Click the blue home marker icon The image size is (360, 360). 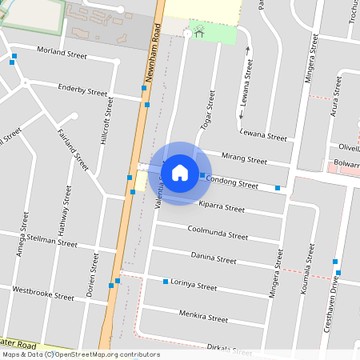[180, 172]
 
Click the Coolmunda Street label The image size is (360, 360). [217, 234]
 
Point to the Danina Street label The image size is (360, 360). [214, 258]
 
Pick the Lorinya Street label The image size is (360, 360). [194, 286]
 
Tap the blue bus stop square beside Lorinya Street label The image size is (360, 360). [166, 282]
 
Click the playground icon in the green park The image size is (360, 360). [198, 32]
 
